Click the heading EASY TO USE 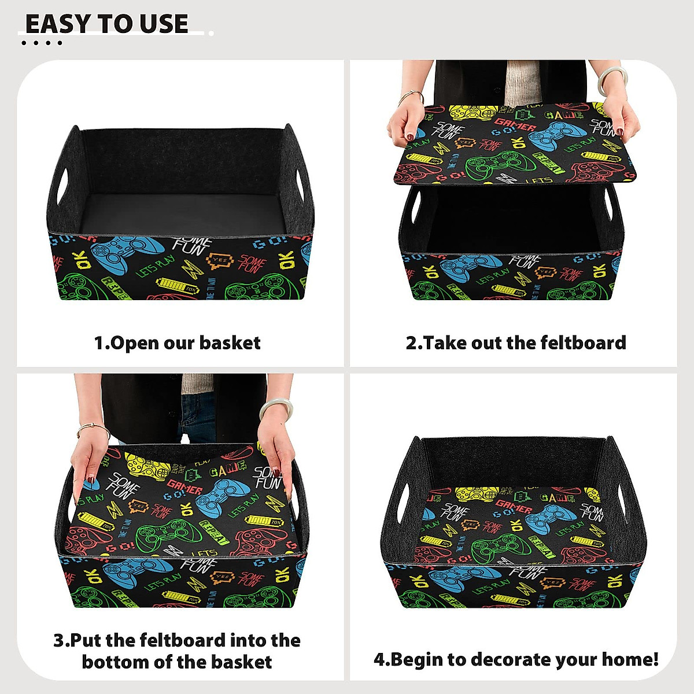[107, 24]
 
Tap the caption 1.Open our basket [177, 343]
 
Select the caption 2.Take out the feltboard [515, 342]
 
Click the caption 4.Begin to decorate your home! [516, 659]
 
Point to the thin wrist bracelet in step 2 [411, 95]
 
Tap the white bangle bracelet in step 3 [274, 407]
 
